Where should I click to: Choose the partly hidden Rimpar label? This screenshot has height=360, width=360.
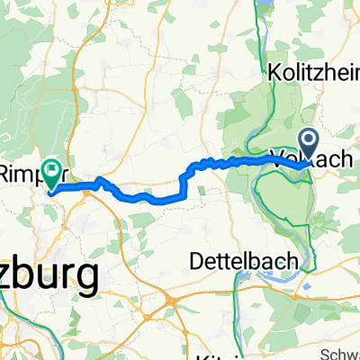18,170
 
